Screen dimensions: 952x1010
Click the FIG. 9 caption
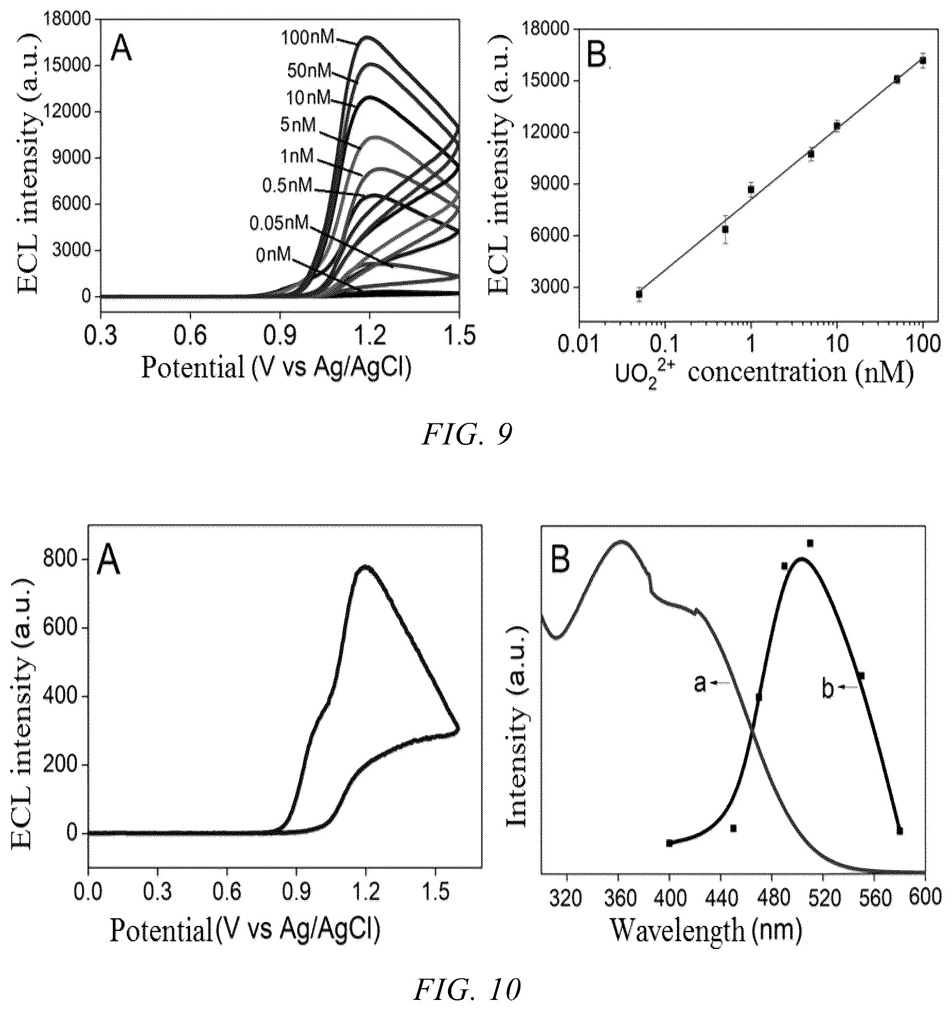coord(467,435)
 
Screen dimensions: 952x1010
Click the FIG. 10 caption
coord(467,988)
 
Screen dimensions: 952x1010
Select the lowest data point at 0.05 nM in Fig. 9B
coord(639,294)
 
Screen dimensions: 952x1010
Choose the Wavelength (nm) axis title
coord(706,929)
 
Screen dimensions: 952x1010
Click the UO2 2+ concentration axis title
coord(765,374)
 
